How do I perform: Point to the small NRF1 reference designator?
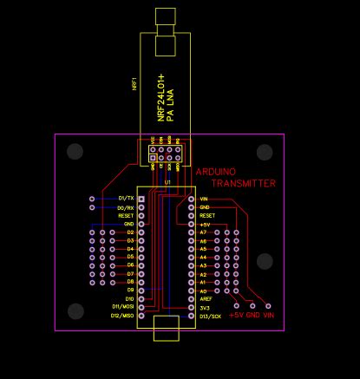tap(134, 83)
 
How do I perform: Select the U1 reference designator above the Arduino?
tap(167, 184)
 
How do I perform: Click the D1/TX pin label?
tap(126, 199)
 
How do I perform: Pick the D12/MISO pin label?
tap(121, 316)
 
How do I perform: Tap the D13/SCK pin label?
tap(211, 317)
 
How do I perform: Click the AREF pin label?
tap(206, 299)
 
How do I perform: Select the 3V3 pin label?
tap(204, 308)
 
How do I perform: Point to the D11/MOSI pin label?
tap(121, 307)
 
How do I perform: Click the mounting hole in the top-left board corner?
tap(75, 152)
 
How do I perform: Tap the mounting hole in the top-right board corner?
tap(265, 153)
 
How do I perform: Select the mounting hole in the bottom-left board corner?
tap(75, 310)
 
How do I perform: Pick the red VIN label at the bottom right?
tap(269, 317)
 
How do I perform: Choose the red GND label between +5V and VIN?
tap(253, 317)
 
